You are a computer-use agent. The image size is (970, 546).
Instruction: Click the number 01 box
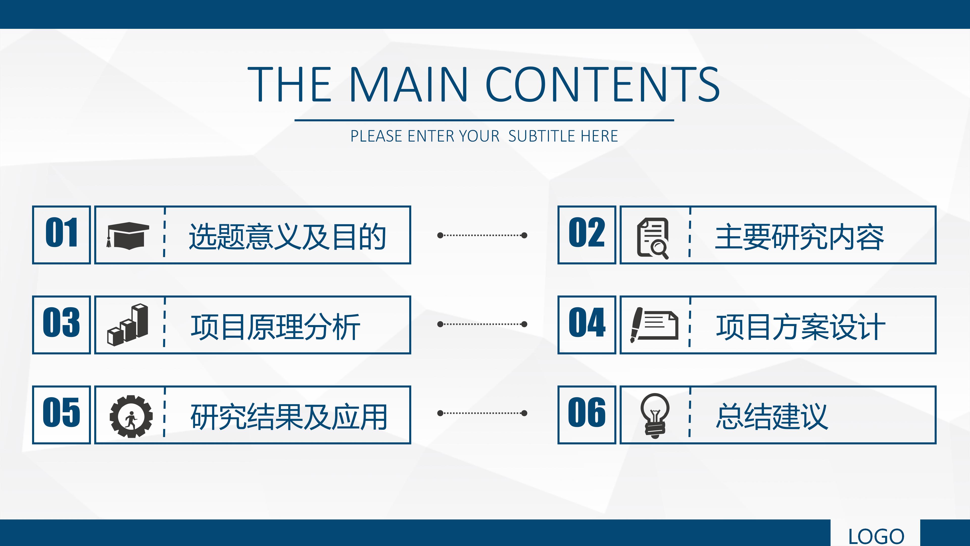(61, 235)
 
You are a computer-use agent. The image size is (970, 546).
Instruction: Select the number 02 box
(587, 235)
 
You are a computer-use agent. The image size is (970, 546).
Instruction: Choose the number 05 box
(61, 415)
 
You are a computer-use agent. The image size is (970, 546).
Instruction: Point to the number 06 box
(587, 415)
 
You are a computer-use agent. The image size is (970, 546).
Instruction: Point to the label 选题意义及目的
(287, 237)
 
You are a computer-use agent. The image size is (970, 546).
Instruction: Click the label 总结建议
(772, 416)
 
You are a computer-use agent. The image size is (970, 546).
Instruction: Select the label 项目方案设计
(801, 327)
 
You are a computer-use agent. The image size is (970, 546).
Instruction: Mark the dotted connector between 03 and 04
(482, 324)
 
